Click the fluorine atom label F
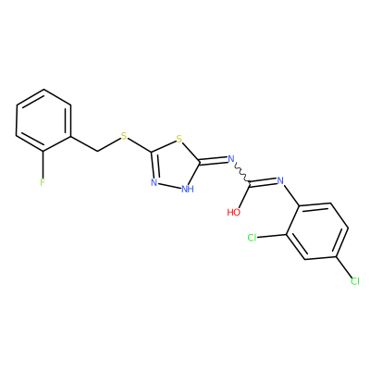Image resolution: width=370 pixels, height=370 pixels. [43, 182]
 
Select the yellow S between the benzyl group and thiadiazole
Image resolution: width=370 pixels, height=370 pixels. [124, 136]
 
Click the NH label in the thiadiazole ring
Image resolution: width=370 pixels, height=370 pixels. [188, 189]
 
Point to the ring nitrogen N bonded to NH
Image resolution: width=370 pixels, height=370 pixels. [154, 182]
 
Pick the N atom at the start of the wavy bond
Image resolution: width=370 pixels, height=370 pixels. [231, 159]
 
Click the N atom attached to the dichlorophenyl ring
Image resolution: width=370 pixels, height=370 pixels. [280, 180]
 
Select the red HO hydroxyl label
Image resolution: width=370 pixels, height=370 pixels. [234, 212]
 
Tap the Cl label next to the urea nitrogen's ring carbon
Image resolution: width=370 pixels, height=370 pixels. [253, 238]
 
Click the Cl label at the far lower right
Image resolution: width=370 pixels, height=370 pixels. [355, 281]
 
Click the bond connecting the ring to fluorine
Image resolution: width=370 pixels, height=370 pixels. [43, 164]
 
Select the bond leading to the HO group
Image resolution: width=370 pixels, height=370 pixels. [244, 196]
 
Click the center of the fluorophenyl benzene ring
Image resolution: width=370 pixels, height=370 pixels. [43, 120]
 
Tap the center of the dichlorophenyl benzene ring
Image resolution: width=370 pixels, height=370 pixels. [317, 231]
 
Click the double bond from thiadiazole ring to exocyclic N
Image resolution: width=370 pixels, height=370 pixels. [214, 160]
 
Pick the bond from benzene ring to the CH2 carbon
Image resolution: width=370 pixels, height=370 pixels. [84, 143]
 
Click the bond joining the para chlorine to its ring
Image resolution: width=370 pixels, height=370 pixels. [344, 266]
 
